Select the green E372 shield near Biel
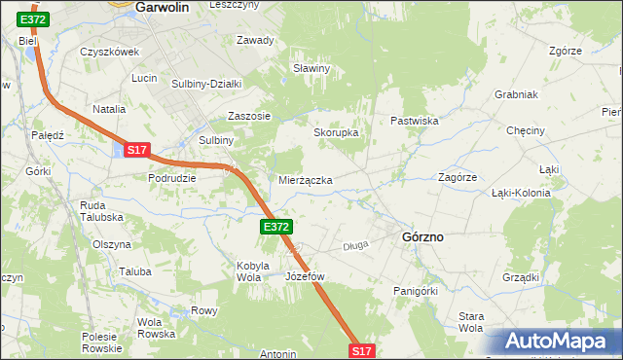coord(32,19)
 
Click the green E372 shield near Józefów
coord(275,226)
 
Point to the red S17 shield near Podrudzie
coord(136,150)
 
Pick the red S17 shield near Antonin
coord(361,350)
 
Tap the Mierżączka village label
coord(306,181)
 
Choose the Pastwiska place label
coord(415,121)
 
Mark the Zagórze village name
coord(457,178)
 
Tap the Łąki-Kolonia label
coord(521,193)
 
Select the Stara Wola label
coord(471,322)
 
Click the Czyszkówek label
coord(110,53)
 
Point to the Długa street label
coord(355,246)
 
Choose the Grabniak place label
coord(517,95)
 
